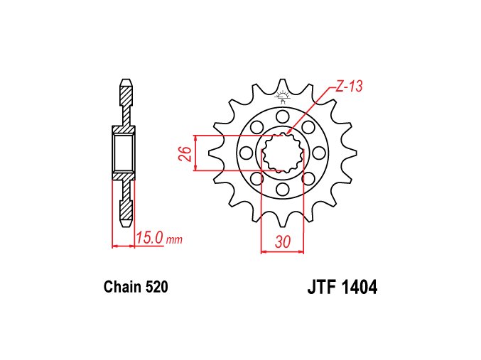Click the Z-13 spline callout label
pos(349,86)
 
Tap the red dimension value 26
pos(185,154)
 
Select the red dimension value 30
pos(283,242)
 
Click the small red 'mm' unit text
pos(174,239)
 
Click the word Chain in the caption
pos(122,287)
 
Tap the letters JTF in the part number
pos(321,288)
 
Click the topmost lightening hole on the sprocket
pos(283,116)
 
